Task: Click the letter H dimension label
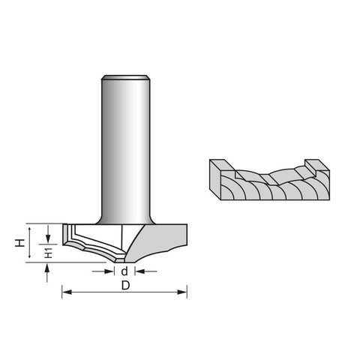coord(19,243)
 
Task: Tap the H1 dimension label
coord(48,253)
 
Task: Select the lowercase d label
coord(124,271)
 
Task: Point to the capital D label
coord(126,285)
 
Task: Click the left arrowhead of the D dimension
coord(67,292)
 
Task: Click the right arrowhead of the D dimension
coord(182,292)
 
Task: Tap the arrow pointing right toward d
coord(103,271)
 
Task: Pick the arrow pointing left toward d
coord(145,271)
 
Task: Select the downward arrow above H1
coord(48,234)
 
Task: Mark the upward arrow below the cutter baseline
coord(47,273)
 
